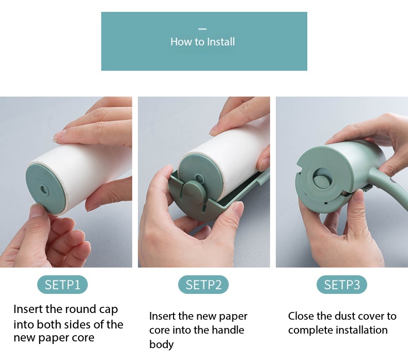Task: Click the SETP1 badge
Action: click(62, 285)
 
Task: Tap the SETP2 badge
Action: click(203, 285)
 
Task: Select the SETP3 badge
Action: click(342, 285)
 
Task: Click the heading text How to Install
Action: click(202, 42)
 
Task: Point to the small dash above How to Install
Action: click(202, 29)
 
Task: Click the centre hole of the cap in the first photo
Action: click(43, 190)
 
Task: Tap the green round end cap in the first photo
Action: click(46, 189)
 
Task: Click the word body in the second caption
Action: click(161, 345)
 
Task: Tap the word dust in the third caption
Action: click(339, 316)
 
